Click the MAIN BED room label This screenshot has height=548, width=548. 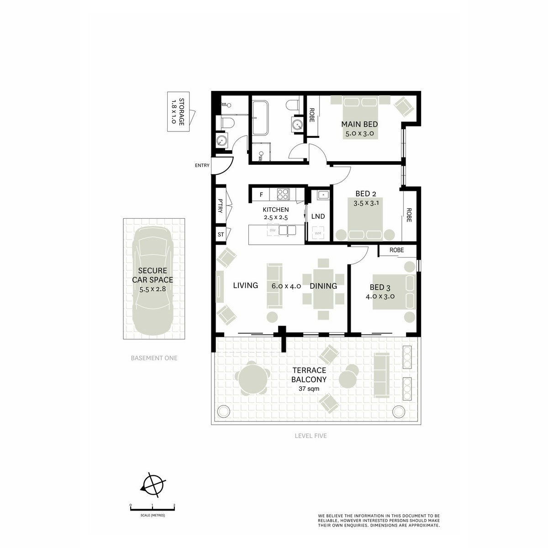359,124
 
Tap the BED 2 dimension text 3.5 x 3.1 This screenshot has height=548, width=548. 366,203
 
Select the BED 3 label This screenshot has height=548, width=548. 380,287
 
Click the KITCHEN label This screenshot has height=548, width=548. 275,210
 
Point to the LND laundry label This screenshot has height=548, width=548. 318,216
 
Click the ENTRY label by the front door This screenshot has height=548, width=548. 202,165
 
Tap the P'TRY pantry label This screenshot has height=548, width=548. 221,206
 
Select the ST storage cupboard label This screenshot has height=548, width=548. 221,235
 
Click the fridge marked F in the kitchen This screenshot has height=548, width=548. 261,195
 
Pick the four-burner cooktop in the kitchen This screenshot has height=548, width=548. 283,195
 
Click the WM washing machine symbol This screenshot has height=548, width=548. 318,233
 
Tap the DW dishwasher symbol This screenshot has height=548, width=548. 273,230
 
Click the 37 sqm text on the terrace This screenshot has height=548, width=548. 309,389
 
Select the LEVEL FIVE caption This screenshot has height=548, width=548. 311,436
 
